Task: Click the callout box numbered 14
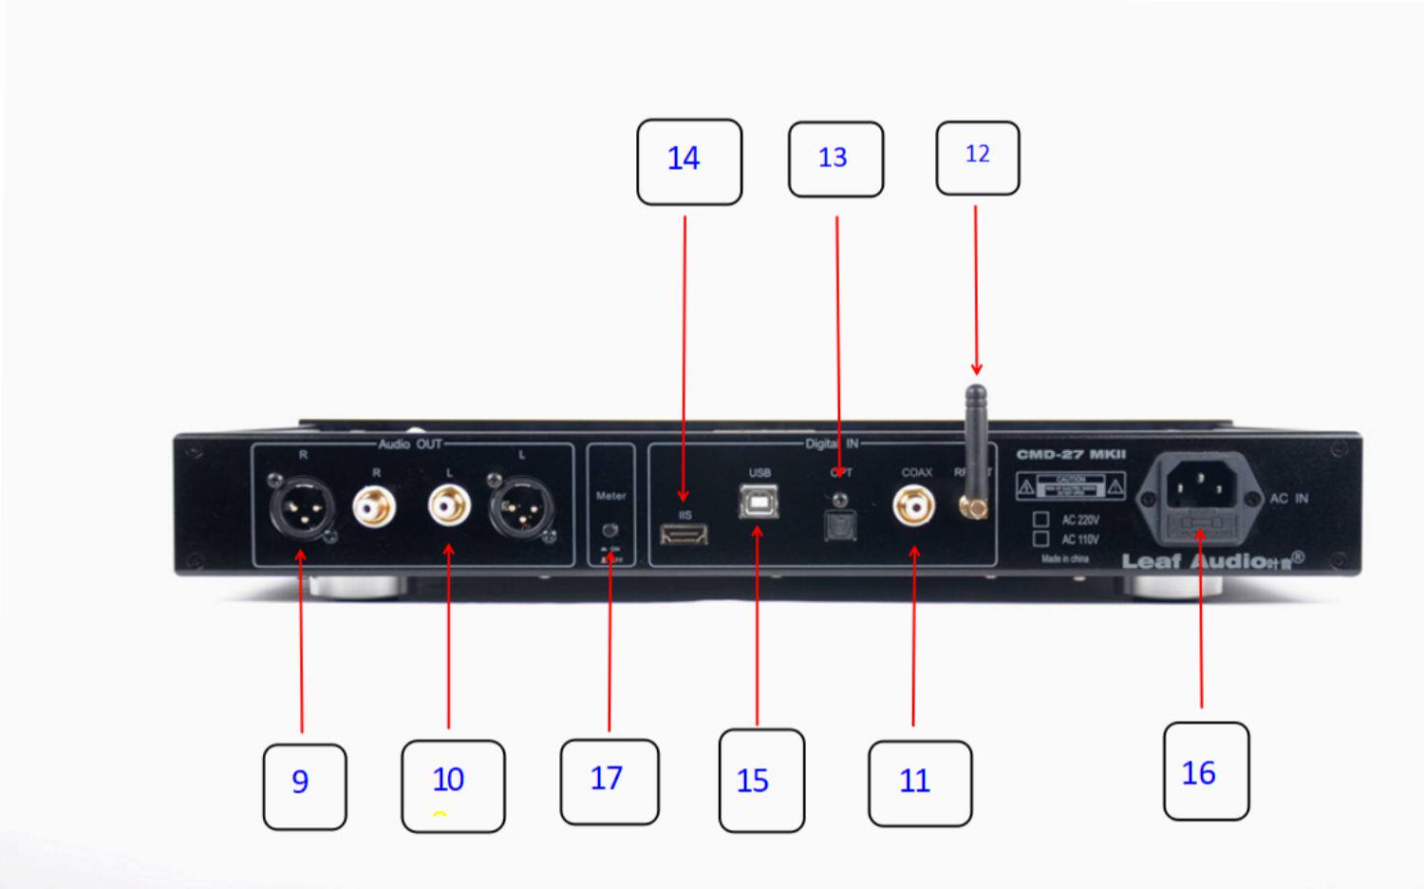(x=688, y=161)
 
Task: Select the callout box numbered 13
(x=835, y=160)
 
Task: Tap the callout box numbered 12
(x=977, y=158)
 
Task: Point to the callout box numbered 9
(x=304, y=785)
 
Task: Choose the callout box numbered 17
(x=609, y=781)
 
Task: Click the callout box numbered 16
(x=1205, y=770)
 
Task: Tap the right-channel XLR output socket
(x=303, y=506)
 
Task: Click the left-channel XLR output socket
(x=521, y=507)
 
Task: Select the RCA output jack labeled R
(x=375, y=506)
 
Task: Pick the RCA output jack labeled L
(x=449, y=504)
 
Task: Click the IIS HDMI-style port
(x=684, y=536)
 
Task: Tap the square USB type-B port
(x=759, y=501)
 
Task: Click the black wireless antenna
(x=975, y=437)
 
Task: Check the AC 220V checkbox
(x=1041, y=520)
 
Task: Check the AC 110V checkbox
(x=1041, y=539)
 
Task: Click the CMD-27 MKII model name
(x=1071, y=455)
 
